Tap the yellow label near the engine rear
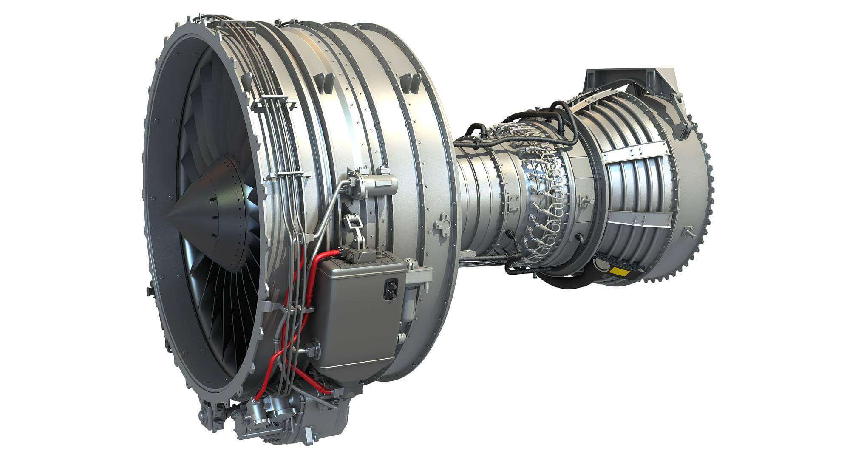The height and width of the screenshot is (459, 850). coord(619,271)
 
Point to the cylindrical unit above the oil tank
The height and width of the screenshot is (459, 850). coord(374,184)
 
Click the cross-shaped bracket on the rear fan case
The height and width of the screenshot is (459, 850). coord(443,222)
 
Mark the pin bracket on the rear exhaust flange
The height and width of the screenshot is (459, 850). coord(685,232)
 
